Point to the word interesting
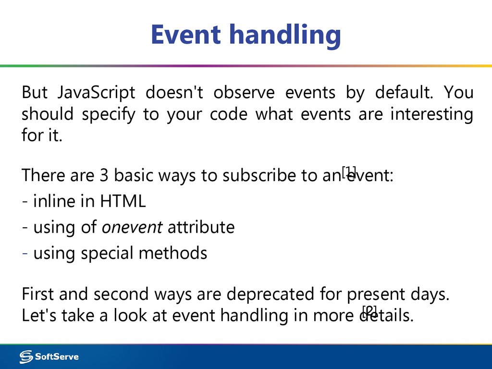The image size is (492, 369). pos(431,114)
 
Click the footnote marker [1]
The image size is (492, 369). pos(349,171)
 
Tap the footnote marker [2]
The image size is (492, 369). pos(369,310)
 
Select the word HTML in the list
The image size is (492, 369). pos(123,201)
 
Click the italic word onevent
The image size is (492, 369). pos(132,227)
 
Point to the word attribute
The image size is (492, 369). pos(201,227)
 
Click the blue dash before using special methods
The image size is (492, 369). pos(25,253)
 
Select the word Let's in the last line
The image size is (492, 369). pos(35,316)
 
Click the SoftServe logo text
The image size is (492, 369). pos(57,357)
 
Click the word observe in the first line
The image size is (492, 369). pos(244,92)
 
